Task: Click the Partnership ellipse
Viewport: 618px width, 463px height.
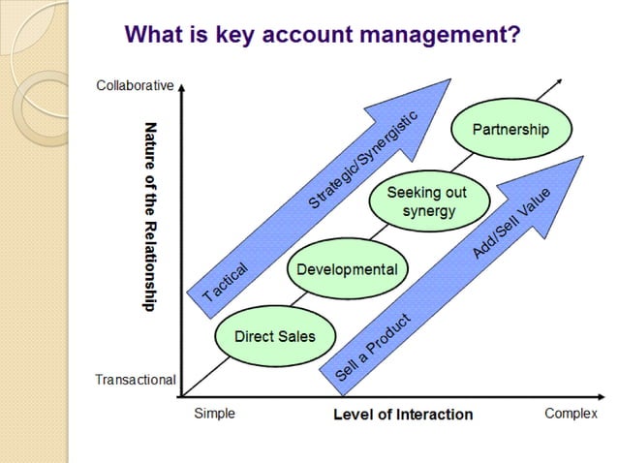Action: (510, 129)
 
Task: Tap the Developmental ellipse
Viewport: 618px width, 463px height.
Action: (346, 268)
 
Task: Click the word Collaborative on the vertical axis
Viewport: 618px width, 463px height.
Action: (135, 85)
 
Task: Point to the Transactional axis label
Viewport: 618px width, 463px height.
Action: (135, 379)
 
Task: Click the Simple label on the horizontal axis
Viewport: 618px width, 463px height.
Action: (214, 414)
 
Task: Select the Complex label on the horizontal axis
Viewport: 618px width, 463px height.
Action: (571, 414)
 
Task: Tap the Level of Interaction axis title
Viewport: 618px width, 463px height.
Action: (403, 415)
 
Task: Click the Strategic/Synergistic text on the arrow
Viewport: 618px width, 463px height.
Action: (362, 160)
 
